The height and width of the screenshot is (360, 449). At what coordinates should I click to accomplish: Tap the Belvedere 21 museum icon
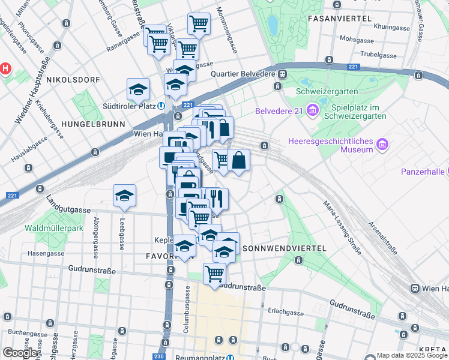[x=312, y=111]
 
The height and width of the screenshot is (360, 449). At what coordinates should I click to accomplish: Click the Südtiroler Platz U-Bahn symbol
[x=162, y=105]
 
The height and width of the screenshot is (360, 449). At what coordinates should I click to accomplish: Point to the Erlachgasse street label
[x=286, y=312]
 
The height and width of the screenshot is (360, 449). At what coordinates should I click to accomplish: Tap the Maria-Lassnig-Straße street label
[x=342, y=227]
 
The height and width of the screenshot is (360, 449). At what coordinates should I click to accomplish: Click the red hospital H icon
[x=5, y=68]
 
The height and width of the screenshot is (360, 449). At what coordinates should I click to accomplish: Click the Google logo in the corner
[x=20, y=353]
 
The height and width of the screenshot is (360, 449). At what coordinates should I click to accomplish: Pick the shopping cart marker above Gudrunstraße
[x=214, y=273]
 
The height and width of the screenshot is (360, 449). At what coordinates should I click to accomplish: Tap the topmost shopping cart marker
[x=199, y=24]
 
